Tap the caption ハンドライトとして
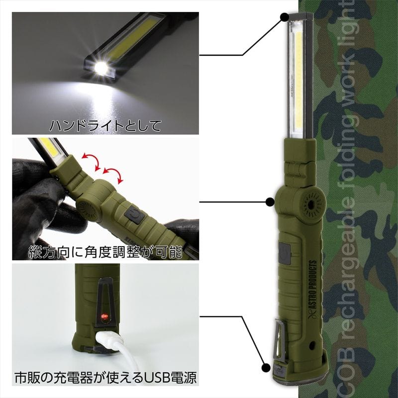pos(105,125)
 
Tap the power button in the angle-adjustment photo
pos(133,215)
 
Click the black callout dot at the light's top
pos(284,17)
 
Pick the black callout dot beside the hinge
pos(270,202)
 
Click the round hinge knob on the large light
pos(312,204)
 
